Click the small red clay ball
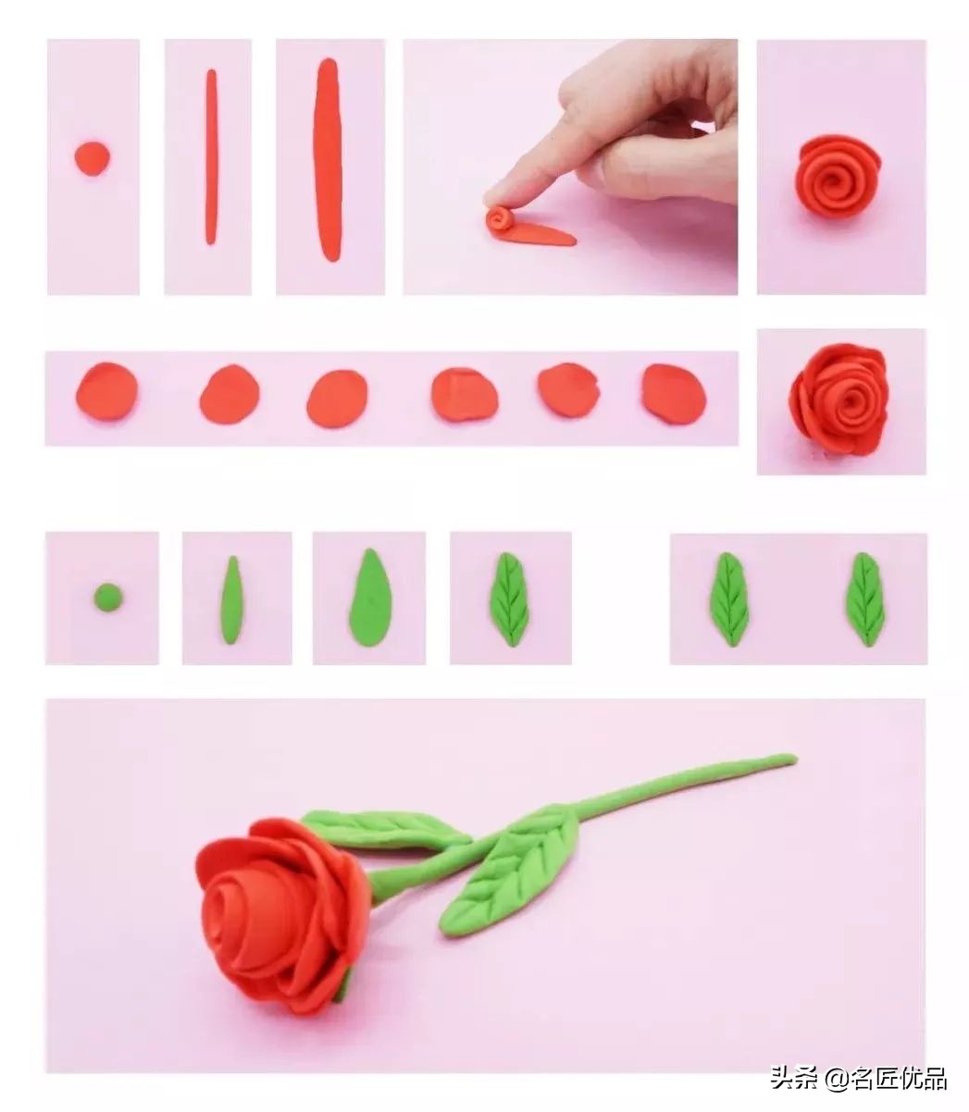coord(92,158)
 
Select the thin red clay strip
coord(211,156)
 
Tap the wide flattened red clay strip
coord(328,160)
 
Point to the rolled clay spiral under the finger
coord(499,219)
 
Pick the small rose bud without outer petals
coord(838,177)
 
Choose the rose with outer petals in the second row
coord(839,400)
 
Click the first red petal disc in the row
coord(106,390)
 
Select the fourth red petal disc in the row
coord(465,395)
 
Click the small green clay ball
coord(107,598)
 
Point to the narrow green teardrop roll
coord(231,599)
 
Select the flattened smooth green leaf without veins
coord(370,596)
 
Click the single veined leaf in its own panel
coord(510,599)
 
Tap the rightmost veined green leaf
coord(864,599)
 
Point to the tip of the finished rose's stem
coord(795,759)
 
